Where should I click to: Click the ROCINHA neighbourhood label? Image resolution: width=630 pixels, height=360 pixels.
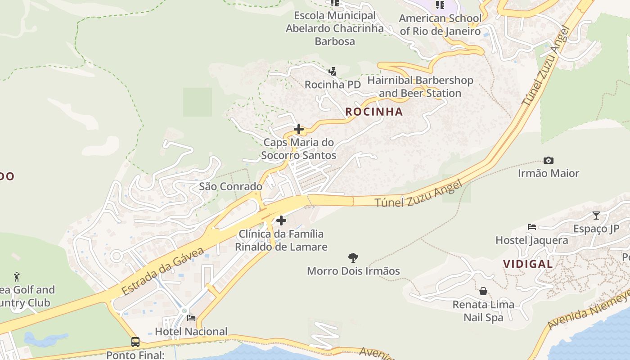click(x=374, y=112)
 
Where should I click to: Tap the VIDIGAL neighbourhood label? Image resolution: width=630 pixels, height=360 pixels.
click(x=528, y=264)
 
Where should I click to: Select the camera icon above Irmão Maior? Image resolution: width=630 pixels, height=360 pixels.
click(x=548, y=160)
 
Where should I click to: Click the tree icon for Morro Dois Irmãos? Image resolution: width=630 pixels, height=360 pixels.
click(x=353, y=258)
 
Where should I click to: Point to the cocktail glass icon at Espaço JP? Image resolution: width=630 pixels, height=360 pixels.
click(x=596, y=216)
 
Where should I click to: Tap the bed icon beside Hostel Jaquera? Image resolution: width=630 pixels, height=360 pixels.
click(x=532, y=227)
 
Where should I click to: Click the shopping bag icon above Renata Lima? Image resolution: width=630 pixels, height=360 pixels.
click(x=483, y=291)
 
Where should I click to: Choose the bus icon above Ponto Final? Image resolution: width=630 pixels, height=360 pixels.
click(x=135, y=342)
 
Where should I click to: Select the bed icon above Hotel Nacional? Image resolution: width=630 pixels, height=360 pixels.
click(x=191, y=319)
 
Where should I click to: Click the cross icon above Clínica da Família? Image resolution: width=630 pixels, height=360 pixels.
click(x=281, y=220)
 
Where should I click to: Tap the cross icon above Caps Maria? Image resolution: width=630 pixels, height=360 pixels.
click(x=298, y=130)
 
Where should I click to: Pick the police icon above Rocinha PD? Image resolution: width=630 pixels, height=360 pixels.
click(x=333, y=71)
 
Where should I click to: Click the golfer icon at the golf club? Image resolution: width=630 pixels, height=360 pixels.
click(x=17, y=276)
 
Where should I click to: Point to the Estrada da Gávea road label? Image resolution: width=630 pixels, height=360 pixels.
click(x=163, y=271)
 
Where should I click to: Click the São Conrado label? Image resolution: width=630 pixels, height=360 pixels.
click(x=230, y=186)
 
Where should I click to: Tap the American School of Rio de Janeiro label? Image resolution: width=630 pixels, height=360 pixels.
click(x=440, y=25)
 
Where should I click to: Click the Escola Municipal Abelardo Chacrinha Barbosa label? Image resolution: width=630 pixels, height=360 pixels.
click(x=335, y=28)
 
